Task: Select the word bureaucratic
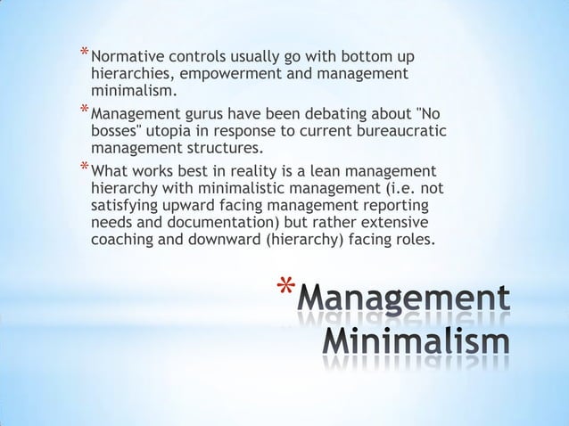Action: (396, 132)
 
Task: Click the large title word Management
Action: (405, 299)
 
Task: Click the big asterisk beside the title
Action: (284, 291)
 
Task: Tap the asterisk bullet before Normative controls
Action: (84, 53)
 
